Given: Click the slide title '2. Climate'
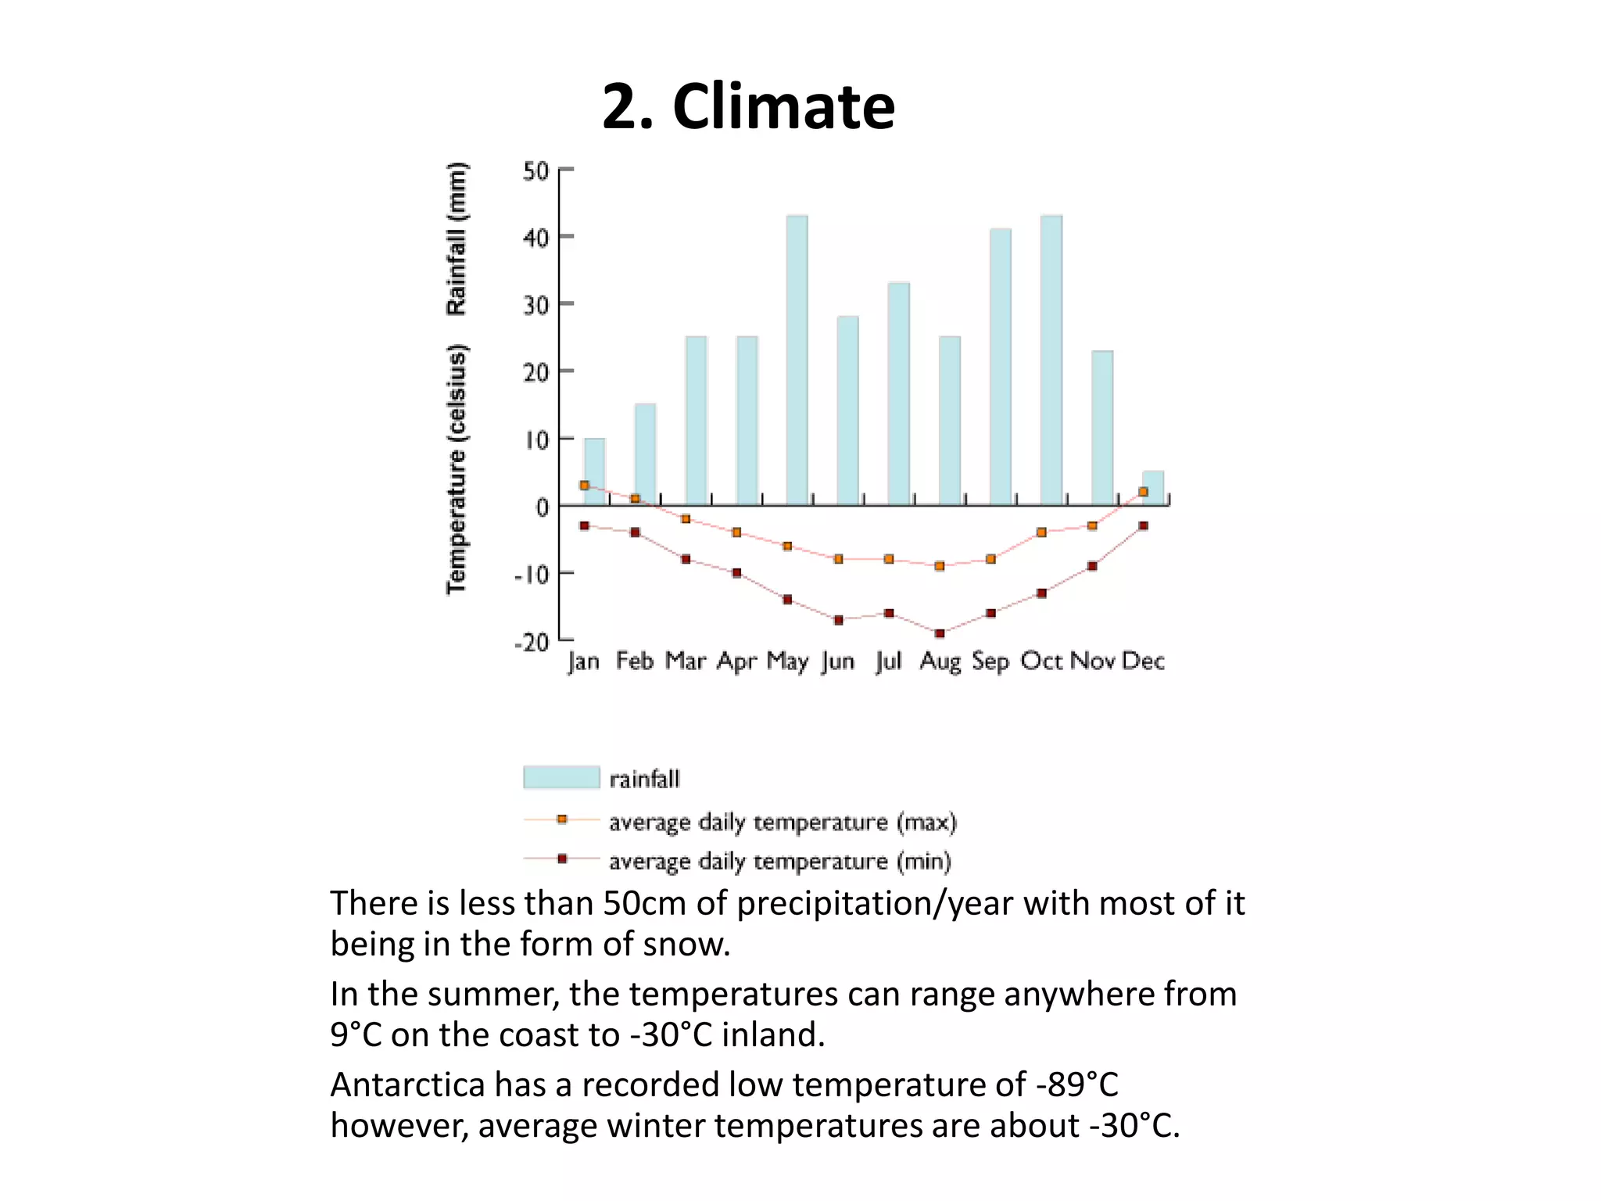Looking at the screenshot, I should pos(748,106).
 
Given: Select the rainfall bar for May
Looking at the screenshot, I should pos(797,360).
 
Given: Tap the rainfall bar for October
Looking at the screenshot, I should pos(1051,360).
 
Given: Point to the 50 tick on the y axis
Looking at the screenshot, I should pos(536,170).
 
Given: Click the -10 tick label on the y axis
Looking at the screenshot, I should pos(532,575).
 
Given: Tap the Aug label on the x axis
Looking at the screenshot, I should pos(940,661).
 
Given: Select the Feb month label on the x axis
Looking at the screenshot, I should pos(634,661).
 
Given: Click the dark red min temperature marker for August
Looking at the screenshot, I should pos(940,633).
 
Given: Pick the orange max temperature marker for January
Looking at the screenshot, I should pos(584,486).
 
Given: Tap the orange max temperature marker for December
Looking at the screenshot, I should pos(1143,492).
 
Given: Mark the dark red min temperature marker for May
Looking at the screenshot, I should pos(787,600).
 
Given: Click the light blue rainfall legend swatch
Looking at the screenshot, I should pos(561,778).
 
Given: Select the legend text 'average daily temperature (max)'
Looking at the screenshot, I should pos(783,822).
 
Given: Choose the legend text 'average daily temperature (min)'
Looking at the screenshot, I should pos(779,861).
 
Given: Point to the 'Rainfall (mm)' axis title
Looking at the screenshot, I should pos(456,238).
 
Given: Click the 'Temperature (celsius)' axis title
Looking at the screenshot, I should pos(456,469).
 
